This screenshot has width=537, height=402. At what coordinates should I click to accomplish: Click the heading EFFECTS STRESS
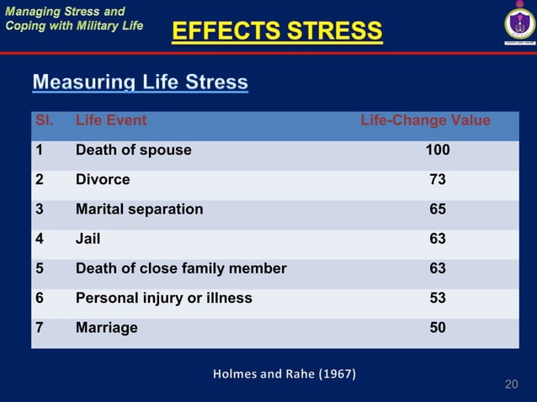[x=277, y=32]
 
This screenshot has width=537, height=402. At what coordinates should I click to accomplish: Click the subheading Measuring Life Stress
[x=140, y=82]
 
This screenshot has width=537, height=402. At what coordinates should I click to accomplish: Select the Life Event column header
[x=111, y=120]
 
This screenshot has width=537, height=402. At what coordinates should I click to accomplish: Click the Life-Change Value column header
[x=425, y=120]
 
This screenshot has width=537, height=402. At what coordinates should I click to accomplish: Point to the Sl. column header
[x=44, y=120]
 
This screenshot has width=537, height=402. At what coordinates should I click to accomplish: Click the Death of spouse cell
[x=133, y=151]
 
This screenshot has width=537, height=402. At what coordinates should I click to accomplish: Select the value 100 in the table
[x=437, y=151]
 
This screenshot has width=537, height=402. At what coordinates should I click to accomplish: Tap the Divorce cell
[x=103, y=180]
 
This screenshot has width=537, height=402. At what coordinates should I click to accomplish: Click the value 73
[x=438, y=180]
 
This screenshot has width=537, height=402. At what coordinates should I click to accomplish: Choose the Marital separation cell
[x=139, y=209]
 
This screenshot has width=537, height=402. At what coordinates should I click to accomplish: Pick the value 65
[x=438, y=209]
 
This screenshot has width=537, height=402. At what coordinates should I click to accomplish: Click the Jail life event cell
[x=88, y=239]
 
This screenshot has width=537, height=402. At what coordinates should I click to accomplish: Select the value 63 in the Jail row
[x=438, y=239]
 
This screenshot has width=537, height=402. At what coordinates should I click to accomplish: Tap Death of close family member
[x=181, y=269]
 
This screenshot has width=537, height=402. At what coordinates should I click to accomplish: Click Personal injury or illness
[x=163, y=299]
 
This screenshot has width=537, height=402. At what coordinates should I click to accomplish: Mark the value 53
[x=438, y=299]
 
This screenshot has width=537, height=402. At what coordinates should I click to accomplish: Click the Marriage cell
[x=106, y=328]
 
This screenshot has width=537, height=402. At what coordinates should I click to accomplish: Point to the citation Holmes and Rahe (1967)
[x=284, y=373]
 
